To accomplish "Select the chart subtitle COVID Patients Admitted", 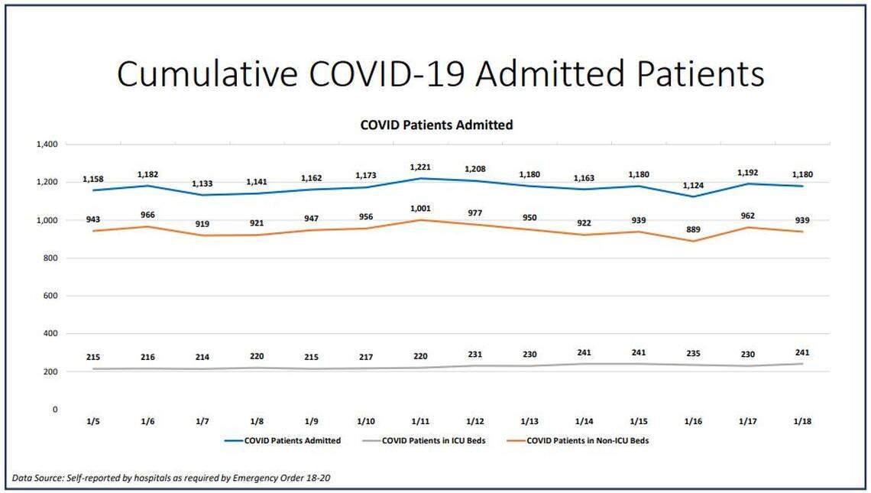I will coord(436,125).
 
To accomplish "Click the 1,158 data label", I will coord(92,180).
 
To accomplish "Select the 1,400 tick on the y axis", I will coord(47,144).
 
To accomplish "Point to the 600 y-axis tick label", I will coord(50,296).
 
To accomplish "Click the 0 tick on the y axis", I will coord(54,410).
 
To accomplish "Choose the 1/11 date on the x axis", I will coord(421,422).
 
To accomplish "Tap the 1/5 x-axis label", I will coord(92,422).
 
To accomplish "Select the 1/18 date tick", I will coord(801,422).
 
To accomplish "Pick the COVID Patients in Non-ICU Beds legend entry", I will coord(588,440).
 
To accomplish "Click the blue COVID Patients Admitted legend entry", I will coord(292,440).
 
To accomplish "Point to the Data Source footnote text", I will coord(173,478).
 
